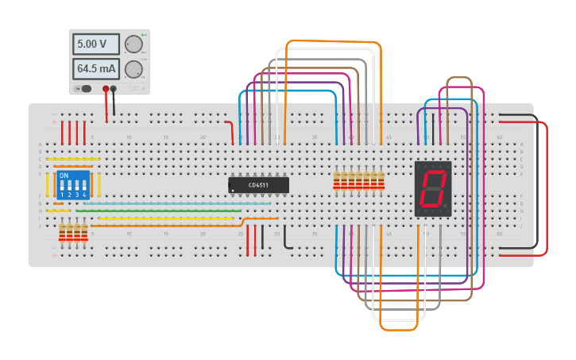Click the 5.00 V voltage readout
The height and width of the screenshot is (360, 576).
(95, 44)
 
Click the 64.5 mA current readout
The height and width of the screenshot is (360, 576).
(95, 68)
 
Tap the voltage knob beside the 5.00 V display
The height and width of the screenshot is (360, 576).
(133, 44)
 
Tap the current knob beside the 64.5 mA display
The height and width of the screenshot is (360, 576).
(133, 69)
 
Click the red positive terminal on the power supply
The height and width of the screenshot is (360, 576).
(106, 88)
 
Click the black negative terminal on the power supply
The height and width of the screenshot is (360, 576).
(114, 88)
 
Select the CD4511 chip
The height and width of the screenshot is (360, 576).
(258, 185)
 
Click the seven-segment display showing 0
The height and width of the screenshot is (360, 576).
(433, 188)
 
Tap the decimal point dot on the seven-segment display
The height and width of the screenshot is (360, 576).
(446, 207)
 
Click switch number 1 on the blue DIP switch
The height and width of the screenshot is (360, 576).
(63, 188)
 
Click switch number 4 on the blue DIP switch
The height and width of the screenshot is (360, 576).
(84, 188)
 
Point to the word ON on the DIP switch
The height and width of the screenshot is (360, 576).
(64, 175)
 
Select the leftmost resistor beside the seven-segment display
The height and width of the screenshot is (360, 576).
(337, 181)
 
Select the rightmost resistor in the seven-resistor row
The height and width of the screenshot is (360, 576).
(381, 181)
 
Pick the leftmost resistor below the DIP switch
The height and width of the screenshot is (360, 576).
(63, 233)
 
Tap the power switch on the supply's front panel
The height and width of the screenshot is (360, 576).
(83, 88)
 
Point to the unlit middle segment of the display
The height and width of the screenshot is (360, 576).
(432, 188)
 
